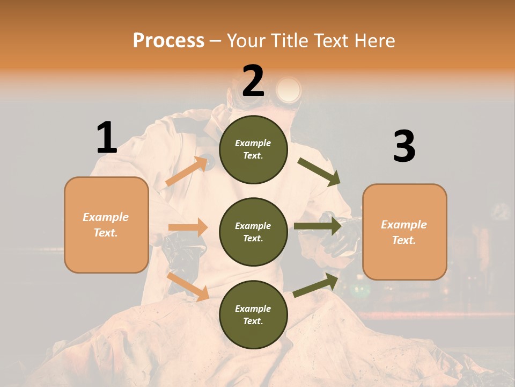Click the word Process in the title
(x=168, y=41)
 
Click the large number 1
(x=107, y=138)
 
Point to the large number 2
(x=253, y=81)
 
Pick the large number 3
(x=404, y=146)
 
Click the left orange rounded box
(x=106, y=225)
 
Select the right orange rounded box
(x=404, y=232)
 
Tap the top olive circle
(x=253, y=149)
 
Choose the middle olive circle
(x=253, y=232)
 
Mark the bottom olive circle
(x=253, y=314)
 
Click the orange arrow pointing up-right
(x=187, y=171)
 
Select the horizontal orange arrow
(x=188, y=227)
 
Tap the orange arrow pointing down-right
(x=188, y=285)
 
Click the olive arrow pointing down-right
(x=319, y=171)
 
